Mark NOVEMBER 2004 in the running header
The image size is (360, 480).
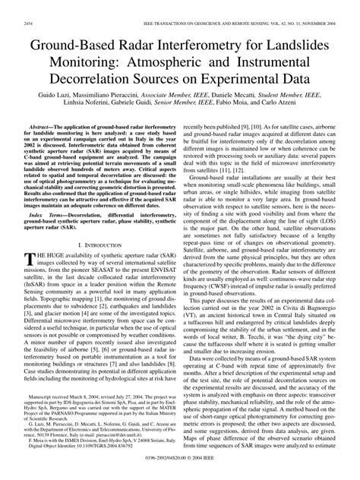(x=326, y=7)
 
